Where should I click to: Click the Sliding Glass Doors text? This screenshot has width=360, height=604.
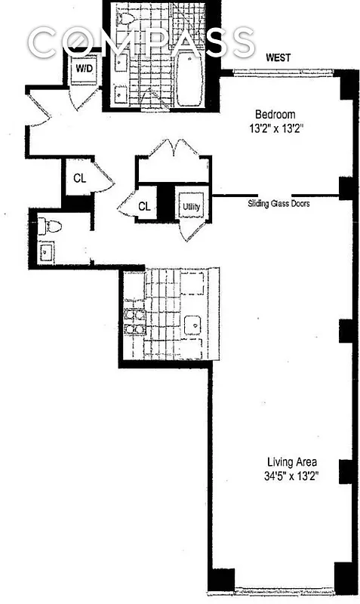279,203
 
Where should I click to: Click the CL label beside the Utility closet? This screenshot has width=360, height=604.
144,205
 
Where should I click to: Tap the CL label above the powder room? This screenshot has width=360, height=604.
79,178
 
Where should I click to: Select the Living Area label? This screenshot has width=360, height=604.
291,461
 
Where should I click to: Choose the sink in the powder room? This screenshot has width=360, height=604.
47,251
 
